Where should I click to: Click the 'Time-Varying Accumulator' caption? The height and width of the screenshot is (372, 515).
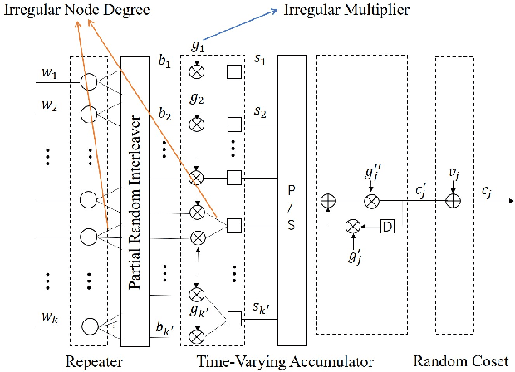(x=285, y=360)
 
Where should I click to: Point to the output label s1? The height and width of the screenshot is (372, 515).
(x=259, y=61)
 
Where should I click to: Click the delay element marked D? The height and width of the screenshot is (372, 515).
(x=388, y=226)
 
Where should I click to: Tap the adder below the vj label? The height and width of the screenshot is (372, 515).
(x=452, y=200)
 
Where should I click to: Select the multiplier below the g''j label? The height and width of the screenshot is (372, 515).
(x=372, y=200)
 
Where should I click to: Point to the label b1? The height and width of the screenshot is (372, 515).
(x=164, y=61)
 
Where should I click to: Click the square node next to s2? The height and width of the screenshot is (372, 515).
(x=234, y=125)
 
